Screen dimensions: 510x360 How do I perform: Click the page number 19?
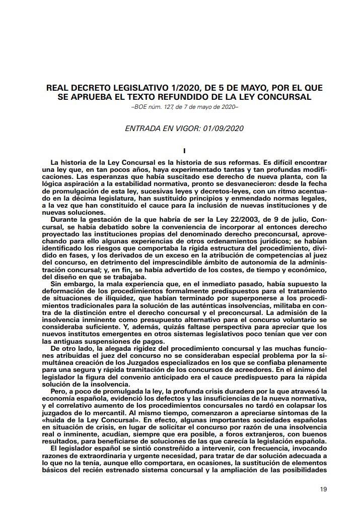tap(324, 489)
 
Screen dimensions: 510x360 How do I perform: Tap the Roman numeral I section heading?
tap(185, 150)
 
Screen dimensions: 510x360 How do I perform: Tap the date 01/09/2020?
tap(223, 128)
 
